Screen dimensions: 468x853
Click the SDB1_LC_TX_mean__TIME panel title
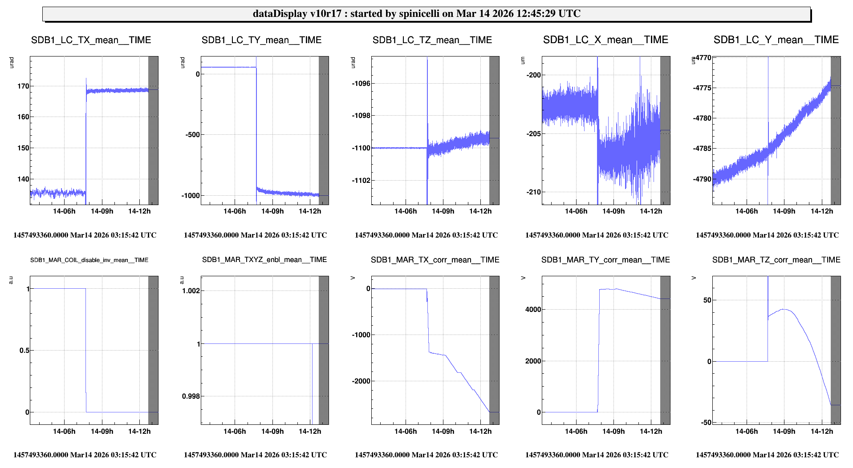[x=91, y=40]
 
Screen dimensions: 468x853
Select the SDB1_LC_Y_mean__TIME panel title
[x=776, y=40]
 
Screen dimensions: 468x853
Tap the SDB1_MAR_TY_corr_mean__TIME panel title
[x=605, y=260]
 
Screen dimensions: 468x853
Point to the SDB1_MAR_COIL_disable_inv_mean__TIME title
[x=89, y=260]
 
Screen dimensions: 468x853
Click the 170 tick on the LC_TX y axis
[x=23, y=86]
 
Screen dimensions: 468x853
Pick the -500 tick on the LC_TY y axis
[x=192, y=135]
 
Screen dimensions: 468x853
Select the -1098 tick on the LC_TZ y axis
[x=361, y=116]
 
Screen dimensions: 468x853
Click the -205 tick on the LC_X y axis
[x=533, y=134]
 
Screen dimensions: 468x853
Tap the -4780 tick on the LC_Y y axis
[x=702, y=118]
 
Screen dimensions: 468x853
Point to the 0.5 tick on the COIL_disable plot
[x=24, y=351]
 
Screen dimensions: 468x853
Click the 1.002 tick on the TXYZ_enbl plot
[x=191, y=291]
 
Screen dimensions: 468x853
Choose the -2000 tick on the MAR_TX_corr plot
[x=361, y=381]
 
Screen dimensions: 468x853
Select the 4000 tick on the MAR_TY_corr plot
[x=533, y=310]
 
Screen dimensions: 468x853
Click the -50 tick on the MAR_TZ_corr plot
[x=706, y=423]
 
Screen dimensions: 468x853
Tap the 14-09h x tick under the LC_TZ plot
[x=443, y=211]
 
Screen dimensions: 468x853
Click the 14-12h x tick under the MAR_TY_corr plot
[x=650, y=432]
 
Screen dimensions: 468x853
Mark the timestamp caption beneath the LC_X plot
[x=597, y=235]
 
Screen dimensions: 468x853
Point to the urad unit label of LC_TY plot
[x=182, y=62]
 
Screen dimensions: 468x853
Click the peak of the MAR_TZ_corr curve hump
[x=784, y=309]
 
